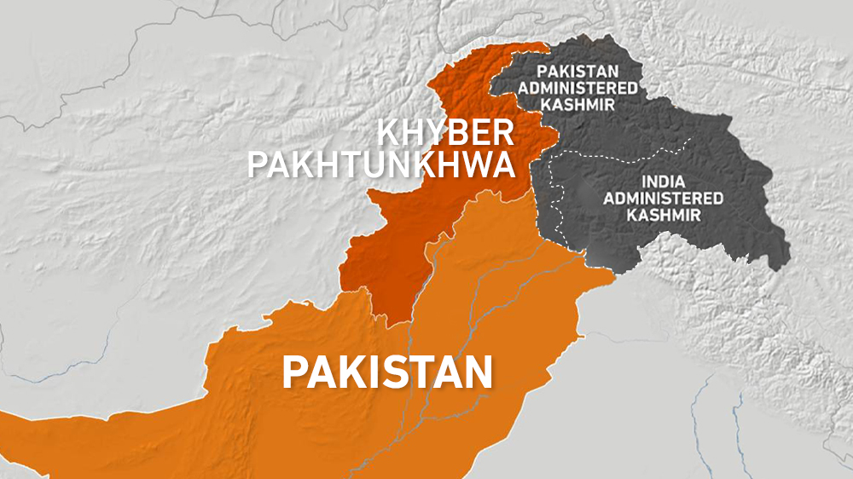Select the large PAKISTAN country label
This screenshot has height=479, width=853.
388,372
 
